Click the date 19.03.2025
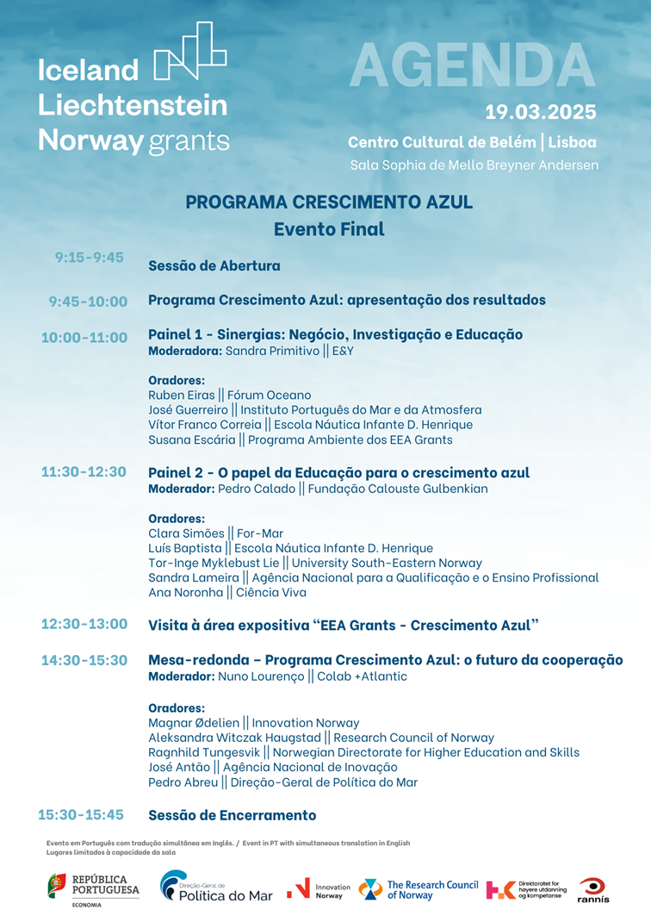[540, 112]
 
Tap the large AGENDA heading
[473, 65]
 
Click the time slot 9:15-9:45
[90, 257]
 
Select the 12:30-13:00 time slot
[84, 623]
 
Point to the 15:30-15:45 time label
[81, 814]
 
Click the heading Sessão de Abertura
[214, 265]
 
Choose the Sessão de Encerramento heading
[232, 815]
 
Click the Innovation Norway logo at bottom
[319, 890]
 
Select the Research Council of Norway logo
[418, 889]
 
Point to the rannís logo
[593, 889]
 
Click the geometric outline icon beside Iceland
[189, 53]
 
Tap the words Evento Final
[329, 229]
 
